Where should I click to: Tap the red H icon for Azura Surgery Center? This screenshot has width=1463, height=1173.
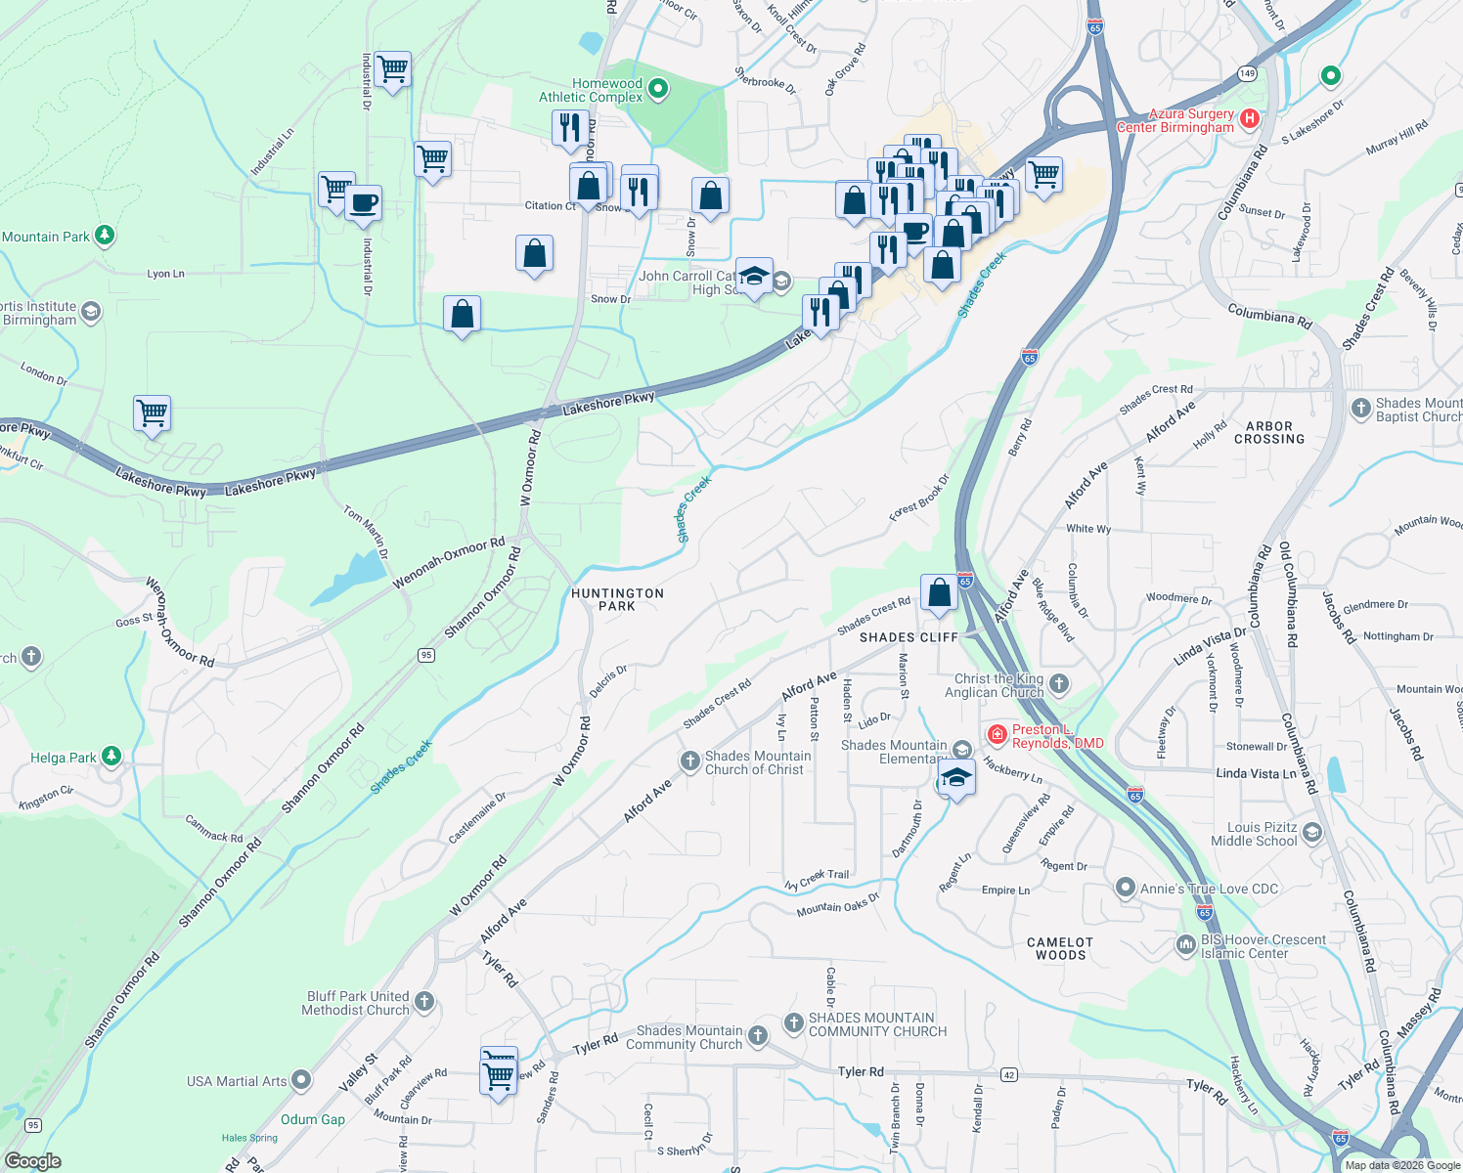(x=1249, y=119)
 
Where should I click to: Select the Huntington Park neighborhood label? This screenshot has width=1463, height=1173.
(x=617, y=599)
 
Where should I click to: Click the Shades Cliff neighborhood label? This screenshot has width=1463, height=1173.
(x=909, y=637)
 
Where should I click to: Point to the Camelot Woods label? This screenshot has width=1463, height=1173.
(x=1060, y=948)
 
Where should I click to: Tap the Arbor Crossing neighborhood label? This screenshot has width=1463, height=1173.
(x=1269, y=432)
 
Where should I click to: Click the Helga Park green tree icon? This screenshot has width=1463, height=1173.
(x=111, y=757)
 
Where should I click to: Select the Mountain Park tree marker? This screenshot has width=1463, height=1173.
(x=105, y=236)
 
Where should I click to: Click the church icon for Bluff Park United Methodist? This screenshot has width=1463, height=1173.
(x=423, y=1001)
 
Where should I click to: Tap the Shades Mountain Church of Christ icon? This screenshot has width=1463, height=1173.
(x=689, y=760)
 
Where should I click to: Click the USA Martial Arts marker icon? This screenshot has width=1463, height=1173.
(x=301, y=1080)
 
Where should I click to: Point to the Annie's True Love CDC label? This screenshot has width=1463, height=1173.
(x=1210, y=889)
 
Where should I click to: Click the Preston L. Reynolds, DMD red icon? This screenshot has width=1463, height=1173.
(x=997, y=733)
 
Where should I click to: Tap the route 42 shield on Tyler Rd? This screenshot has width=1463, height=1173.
(x=1008, y=1074)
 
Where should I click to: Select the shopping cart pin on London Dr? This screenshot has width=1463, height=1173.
(x=153, y=413)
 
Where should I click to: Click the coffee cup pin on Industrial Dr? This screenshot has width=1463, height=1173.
(x=363, y=203)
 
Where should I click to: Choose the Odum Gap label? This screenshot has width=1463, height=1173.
(x=313, y=1119)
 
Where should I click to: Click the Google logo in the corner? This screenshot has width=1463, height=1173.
(x=32, y=1161)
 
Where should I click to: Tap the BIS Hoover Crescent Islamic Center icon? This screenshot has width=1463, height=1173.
(x=1187, y=946)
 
